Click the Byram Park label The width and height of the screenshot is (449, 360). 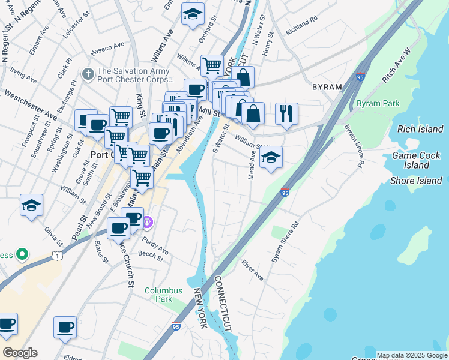coord(378,103)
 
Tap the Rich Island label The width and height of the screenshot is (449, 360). coord(420,129)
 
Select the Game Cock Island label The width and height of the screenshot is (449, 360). coord(416,160)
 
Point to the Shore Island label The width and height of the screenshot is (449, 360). coord(416,181)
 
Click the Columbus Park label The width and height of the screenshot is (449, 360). coord(163,295)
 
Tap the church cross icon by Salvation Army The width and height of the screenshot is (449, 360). coord(88,74)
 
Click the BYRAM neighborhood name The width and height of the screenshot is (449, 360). coord(327,87)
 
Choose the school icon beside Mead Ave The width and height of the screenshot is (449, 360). coord(271,158)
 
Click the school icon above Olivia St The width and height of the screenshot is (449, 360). coord(31,205)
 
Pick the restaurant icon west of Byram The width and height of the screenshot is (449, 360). coord(286,112)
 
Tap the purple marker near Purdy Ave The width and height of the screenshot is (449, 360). coord(148,223)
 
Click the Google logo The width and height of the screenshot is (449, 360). coord(20,353)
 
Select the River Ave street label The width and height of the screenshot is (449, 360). coord(252,271)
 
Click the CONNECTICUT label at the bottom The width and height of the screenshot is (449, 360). coord(222,304)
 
